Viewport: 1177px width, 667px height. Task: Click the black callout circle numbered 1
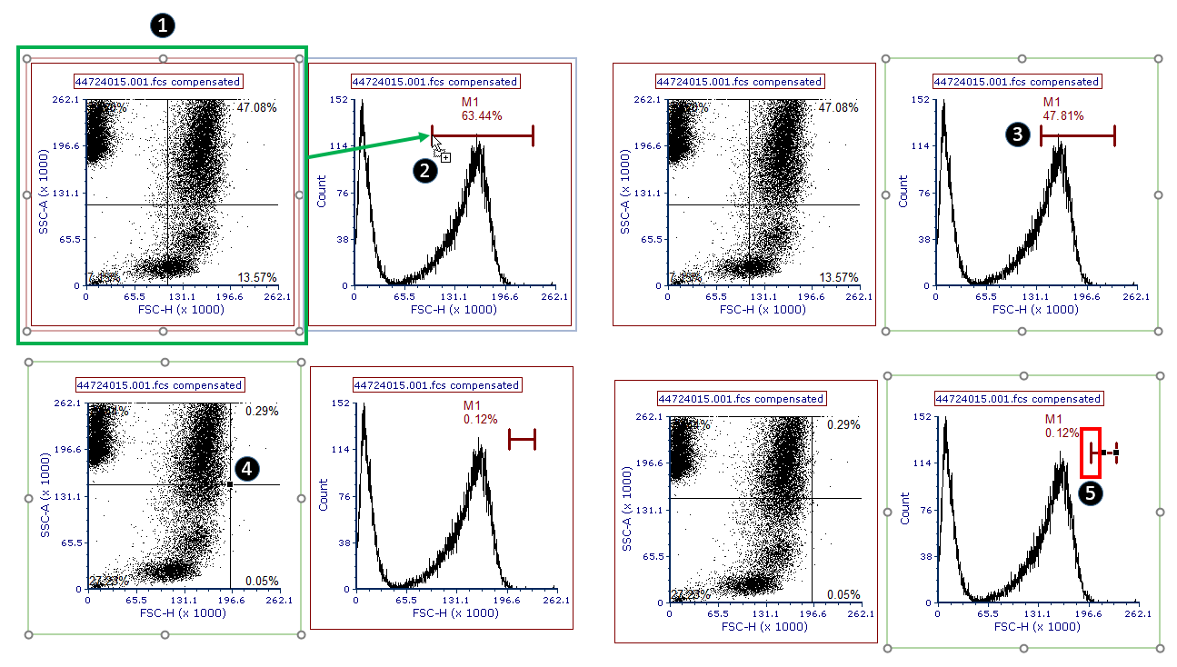(x=163, y=25)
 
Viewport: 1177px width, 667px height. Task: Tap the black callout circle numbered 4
(x=247, y=468)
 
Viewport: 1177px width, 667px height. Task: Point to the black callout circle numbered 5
(x=1091, y=493)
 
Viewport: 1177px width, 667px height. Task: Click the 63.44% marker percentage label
(x=482, y=115)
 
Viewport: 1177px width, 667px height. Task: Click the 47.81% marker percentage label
(x=1063, y=116)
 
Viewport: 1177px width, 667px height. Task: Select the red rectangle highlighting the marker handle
(x=1091, y=453)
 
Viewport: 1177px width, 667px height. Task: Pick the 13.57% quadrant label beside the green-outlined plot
(x=257, y=277)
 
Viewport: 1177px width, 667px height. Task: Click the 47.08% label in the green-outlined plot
(x=257, y=107)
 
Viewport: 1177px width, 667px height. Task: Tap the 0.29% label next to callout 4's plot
(x=262, y=411)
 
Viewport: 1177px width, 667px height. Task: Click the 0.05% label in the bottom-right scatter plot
(x=843, y=594)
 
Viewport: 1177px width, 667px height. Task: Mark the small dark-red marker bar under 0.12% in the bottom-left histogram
(x=522, y=440)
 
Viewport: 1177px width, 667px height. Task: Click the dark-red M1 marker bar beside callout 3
(x=1077, y=136)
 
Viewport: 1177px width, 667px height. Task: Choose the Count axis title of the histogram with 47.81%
(x=904, y=193)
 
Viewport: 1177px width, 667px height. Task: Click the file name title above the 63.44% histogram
(x=434, y=82)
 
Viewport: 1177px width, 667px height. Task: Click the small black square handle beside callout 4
(x=231, y=485)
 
